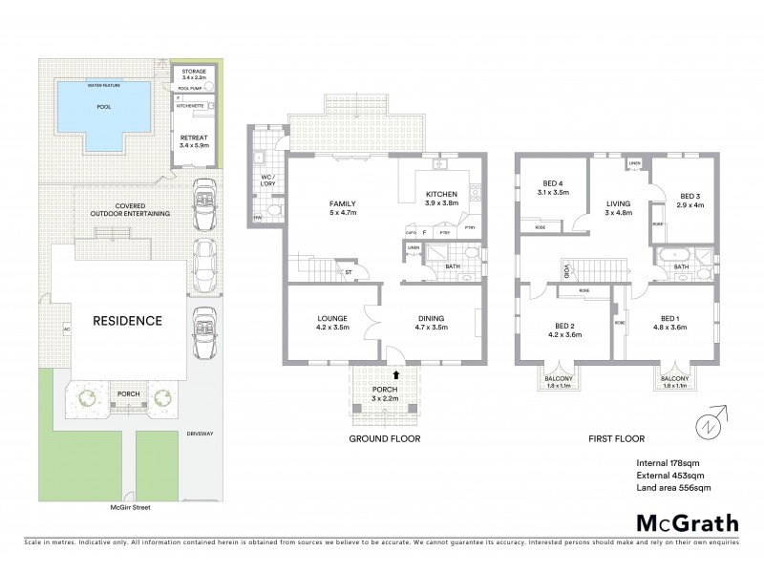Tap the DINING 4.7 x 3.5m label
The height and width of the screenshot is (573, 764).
pos(432,322)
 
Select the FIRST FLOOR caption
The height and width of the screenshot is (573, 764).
pos(617,439)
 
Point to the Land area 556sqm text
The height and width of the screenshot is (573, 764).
pos(673,488)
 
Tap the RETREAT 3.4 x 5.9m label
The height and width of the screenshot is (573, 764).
pos(195,142)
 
